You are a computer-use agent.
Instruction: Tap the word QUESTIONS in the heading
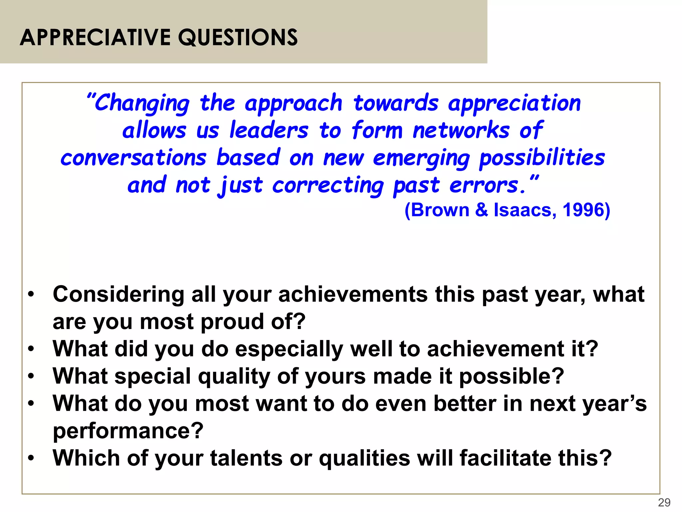(238, 37)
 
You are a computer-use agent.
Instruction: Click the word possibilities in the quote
(542, 158)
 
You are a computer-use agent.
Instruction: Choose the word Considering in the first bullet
(118, 295)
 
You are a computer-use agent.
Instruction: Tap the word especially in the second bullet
(289, 349)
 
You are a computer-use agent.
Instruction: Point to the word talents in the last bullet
(246, 458)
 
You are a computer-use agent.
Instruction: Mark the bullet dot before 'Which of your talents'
(31, 458)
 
